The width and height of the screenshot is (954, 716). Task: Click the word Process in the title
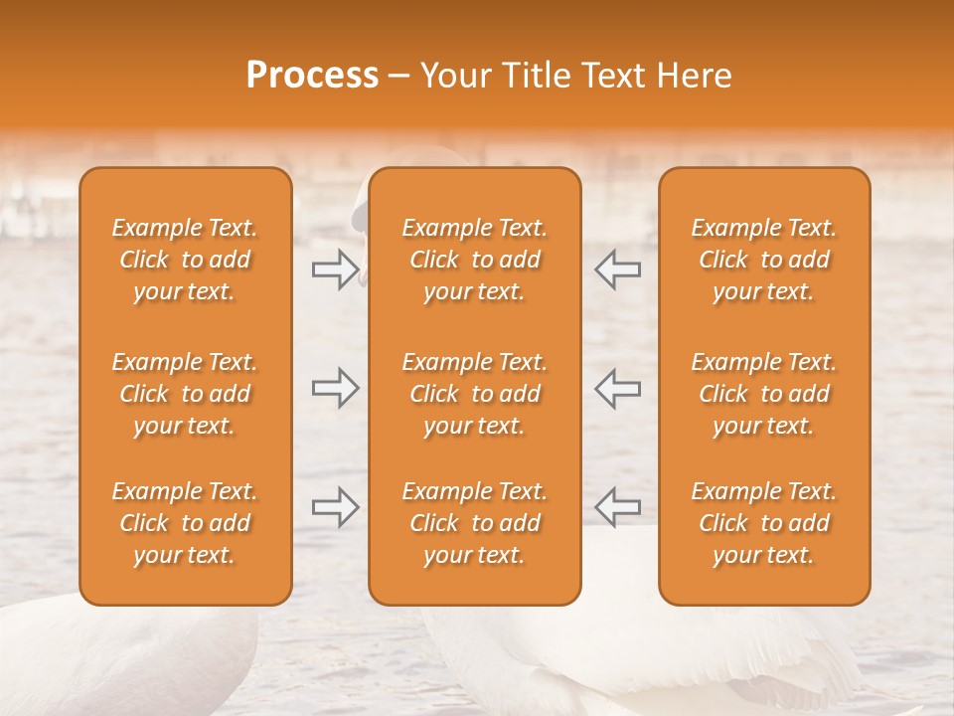click(x=312, y=76)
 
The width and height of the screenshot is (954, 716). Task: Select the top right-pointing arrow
click(x=335, y=269)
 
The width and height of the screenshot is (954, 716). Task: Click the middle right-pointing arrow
click(x=335, y=388)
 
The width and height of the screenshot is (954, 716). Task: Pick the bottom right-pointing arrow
click(x=335, y=507)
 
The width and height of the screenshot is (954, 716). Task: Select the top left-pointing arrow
click(x=618, y=269)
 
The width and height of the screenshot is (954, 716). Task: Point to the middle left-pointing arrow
click(x=618, y=388)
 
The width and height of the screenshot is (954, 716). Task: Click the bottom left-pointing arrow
click(x=618, y=507)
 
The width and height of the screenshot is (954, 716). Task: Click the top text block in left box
click(x=185, y=260)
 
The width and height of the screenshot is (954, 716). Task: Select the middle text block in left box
click(x=185, y=394)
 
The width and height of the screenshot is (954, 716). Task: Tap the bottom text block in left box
click(x=185, y=523)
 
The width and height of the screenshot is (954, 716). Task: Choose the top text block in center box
click(x=474, y=260)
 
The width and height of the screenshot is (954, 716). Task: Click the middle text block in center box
click(x=474, y=394)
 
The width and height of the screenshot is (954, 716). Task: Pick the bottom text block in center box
click(x=474, y=523)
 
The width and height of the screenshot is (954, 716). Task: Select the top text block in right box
click(x=764, y=260)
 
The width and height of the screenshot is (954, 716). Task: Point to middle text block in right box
click(x=764, y=394)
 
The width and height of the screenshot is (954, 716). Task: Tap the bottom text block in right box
click(x=764, y=523)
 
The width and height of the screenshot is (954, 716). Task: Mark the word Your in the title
click(x=452, y=76)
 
